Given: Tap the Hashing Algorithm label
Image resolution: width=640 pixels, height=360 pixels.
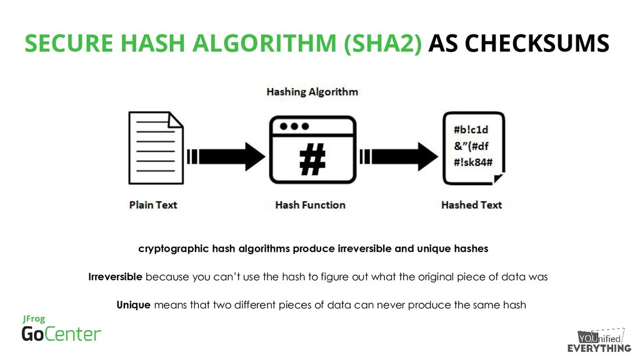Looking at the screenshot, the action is click(312, 92).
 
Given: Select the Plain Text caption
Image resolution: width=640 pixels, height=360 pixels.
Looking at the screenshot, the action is click(153, 204).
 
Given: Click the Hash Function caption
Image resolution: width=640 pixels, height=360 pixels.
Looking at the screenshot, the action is click(310, 204).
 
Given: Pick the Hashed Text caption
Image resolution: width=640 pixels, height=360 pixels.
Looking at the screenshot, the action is click(471, 204).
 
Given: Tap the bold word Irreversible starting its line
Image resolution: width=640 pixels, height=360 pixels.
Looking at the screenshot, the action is click(116, 277).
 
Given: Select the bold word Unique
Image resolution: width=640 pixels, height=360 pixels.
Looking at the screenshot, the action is click(133, 305).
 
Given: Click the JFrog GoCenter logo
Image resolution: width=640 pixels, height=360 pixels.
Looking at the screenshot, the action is click(61, 329).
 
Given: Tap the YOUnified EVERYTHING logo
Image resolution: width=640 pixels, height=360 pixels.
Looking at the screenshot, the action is click(598, 341).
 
